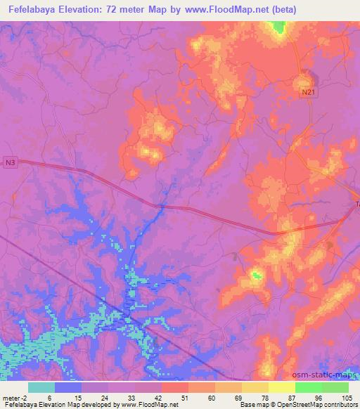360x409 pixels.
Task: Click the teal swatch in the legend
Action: tap(41, 387)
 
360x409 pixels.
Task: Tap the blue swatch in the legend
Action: tap(68, 387)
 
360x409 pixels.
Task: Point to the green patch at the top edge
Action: tap(279, 27)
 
